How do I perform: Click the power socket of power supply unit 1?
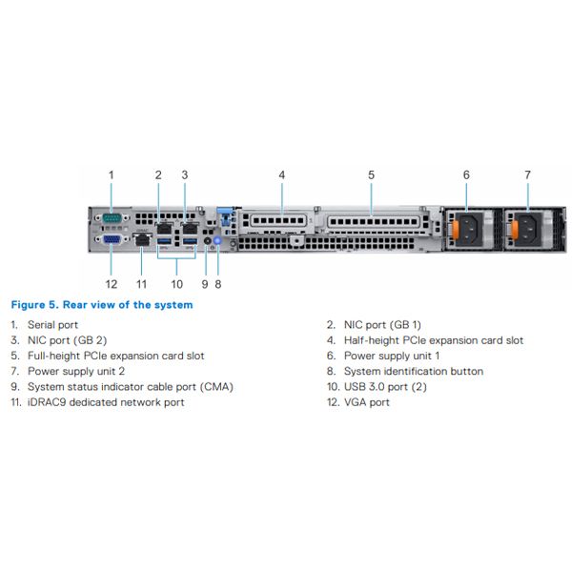pos(469,228)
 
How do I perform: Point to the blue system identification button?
pos(218,244)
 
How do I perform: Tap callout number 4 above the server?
pos(282,174)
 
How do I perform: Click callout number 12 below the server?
pos(112,283)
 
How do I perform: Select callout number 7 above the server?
pos(527,174)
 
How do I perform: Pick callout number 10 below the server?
pos(175,283)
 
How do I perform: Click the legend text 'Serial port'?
pos(52,325)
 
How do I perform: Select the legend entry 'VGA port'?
pos(366,402)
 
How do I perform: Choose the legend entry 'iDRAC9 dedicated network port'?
pos(106,402)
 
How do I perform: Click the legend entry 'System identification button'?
pos(413,371)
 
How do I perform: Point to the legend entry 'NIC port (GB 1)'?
pos(382,325)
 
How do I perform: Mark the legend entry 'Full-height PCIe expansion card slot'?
pos(115,356)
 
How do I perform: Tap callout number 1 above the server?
pos(112,174)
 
